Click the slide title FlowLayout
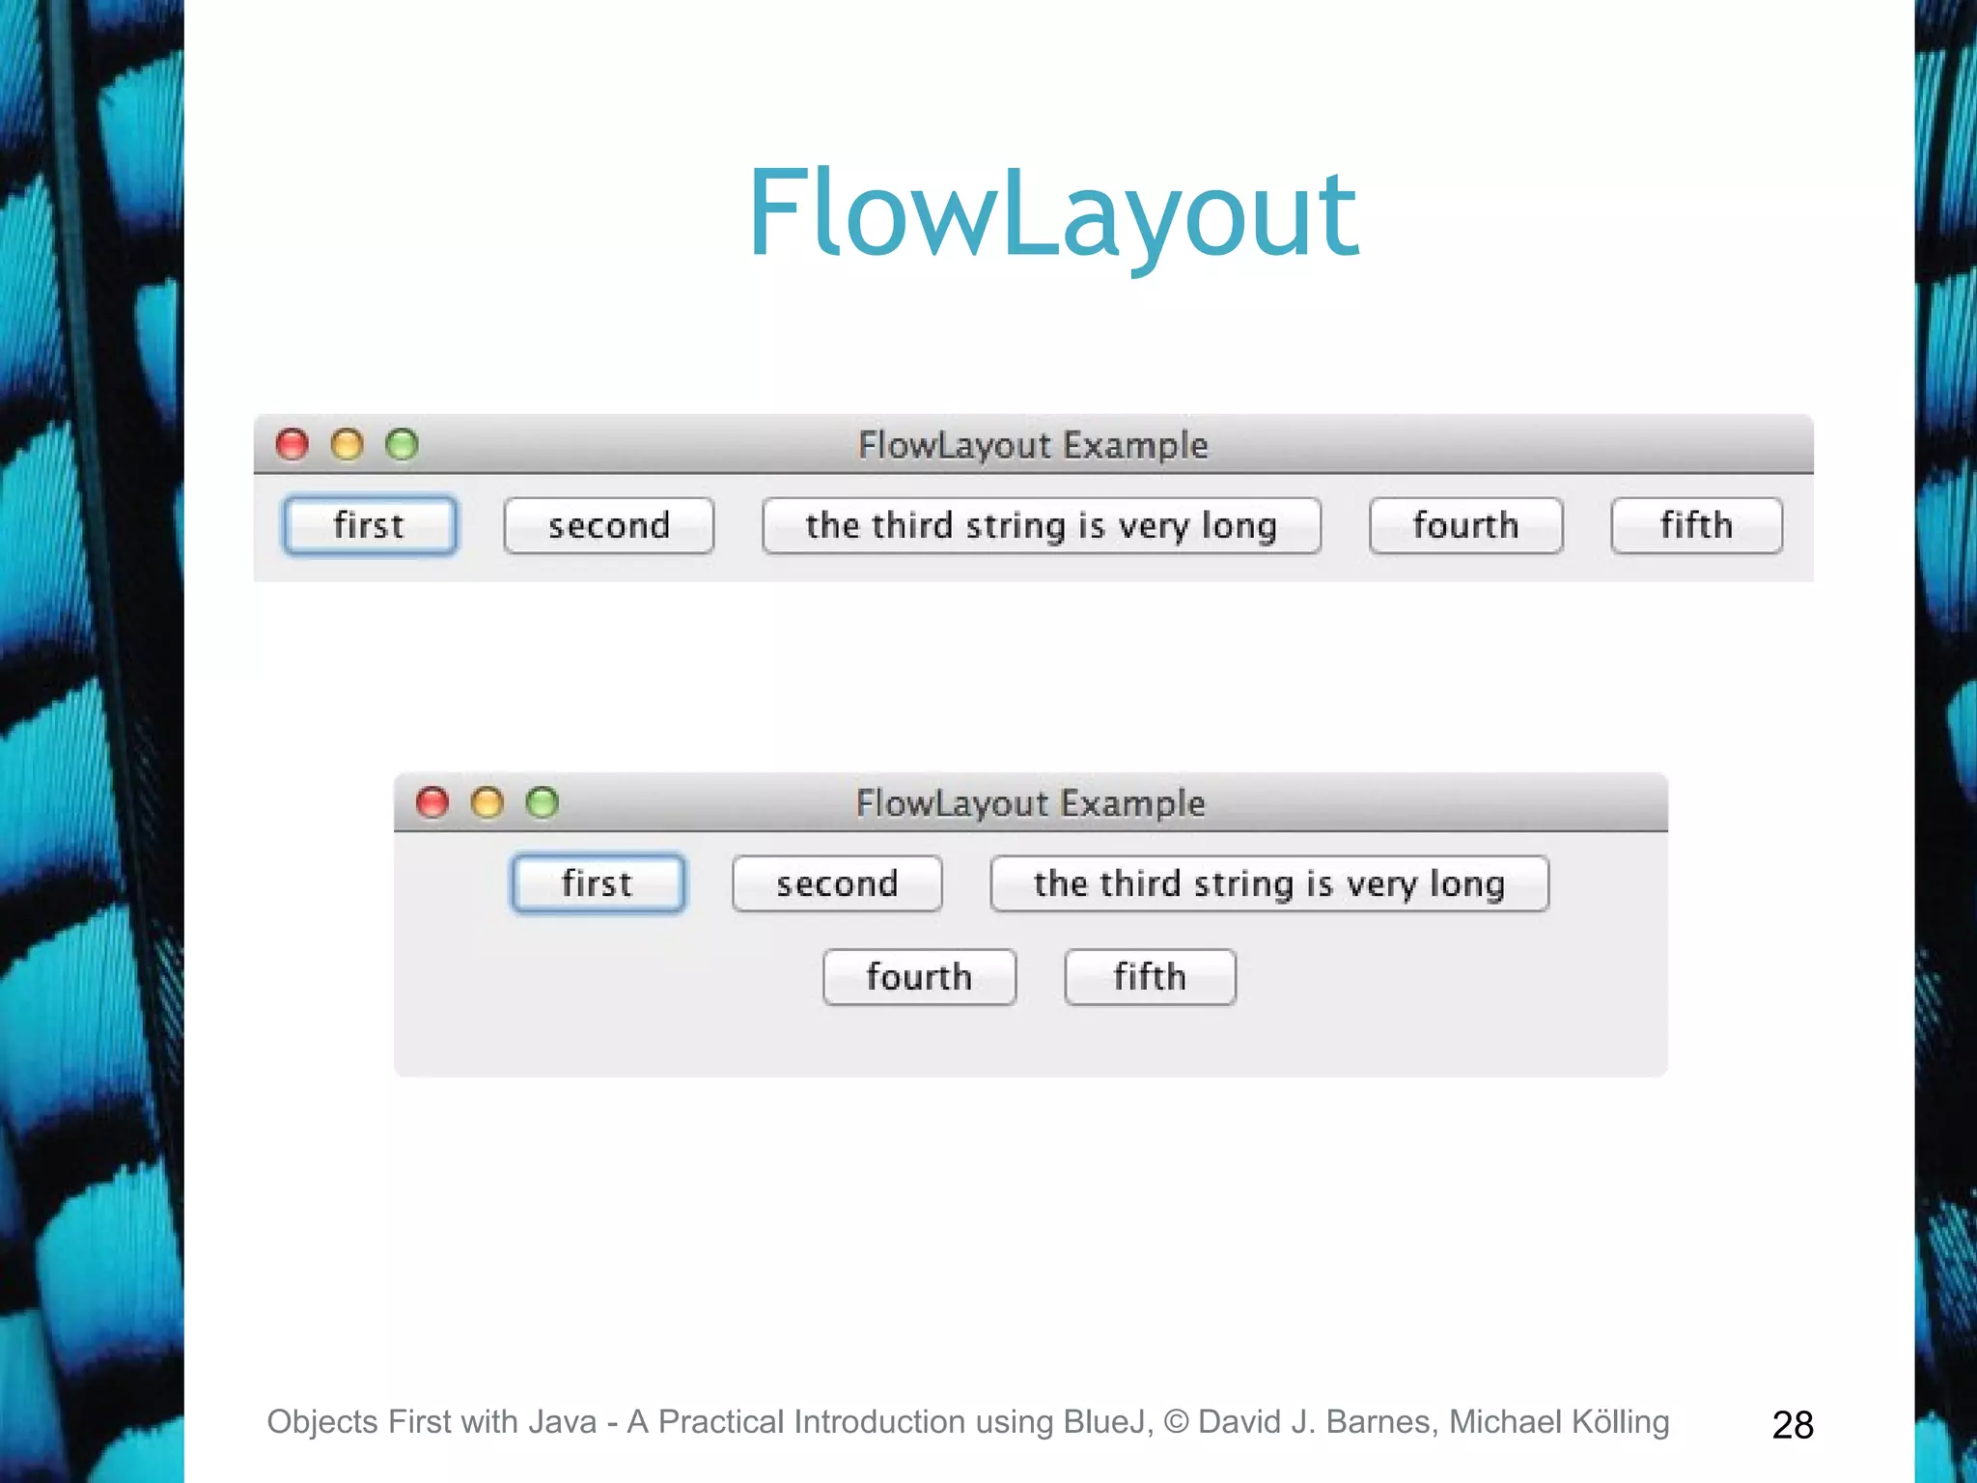[x=1053, y=214]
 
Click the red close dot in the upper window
[x=292, y=445]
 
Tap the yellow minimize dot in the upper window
[x=347, y=445]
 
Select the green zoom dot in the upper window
[x=402, y=445]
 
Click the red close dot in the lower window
[x=432, y=802]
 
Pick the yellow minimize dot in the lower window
[x=487, y=802]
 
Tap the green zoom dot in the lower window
[x=542, y=802]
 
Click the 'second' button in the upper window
[x=608, y=526]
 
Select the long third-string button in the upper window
[x=1041, y=526]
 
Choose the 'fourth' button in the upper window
[x=1465, y=526]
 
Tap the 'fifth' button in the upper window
[x=1696, y=526]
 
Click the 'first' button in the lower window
[x=598, y=883]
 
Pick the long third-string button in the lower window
[x=1268, y=883]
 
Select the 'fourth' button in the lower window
[x=919, y=977]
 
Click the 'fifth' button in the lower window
[x=1150, y=977]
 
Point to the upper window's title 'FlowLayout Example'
[x=1033, y=445]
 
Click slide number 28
[x=1793, y=1425]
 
